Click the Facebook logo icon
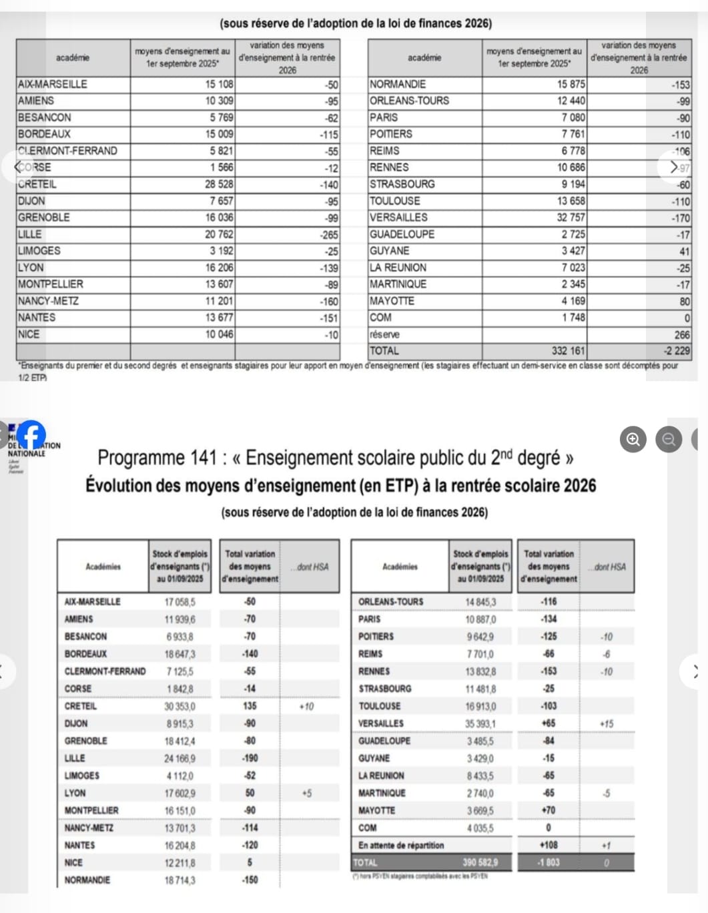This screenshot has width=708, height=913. click(31, 434)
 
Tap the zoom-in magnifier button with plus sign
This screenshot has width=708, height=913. click(633, 439)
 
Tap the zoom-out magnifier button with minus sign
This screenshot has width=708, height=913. click(669, 439)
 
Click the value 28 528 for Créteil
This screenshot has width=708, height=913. click(219, 184)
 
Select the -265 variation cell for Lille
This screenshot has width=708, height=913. click(329, 235)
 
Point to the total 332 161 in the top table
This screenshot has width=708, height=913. click(568, 351)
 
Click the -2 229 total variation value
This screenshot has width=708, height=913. click(676, 351)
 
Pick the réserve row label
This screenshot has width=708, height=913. click(384, 334)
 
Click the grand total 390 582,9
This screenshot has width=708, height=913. click(480, 862)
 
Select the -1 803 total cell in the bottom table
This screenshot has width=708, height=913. click(549, 862)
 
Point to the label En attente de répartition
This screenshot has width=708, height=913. click(400, 845)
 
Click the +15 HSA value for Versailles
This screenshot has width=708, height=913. click(606, 723)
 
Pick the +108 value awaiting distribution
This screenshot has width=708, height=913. click(549, 845)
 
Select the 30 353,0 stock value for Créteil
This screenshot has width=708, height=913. click(180, 706)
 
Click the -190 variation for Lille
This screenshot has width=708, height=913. click(250, 758)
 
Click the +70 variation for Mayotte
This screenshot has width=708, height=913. click(549, 810)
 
